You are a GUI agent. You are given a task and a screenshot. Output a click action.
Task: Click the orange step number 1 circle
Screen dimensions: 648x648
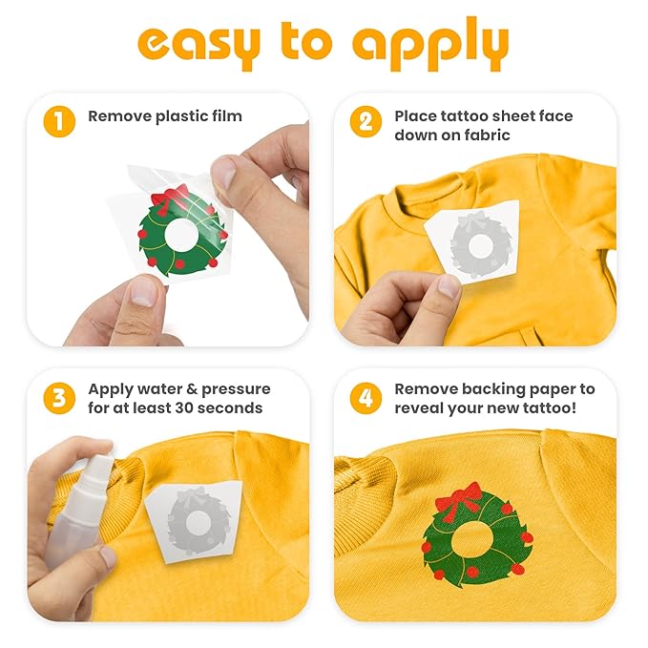tap(59, 122)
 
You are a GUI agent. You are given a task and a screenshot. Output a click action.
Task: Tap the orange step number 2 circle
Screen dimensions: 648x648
tap(366, 122)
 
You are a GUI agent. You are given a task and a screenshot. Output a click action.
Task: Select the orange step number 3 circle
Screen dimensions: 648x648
tap(59, 398)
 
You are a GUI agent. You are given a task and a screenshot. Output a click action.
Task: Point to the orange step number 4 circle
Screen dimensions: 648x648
tap(366, 398)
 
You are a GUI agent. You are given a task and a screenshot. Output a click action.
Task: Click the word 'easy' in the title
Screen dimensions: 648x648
tap(199, 46)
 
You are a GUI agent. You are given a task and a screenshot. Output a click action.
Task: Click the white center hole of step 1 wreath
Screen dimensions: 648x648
tap(182, 235)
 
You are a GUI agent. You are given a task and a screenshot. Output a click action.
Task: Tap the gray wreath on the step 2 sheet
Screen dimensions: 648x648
tap(481, 243)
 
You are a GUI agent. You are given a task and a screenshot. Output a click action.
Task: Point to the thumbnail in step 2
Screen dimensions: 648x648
tap(448, 284)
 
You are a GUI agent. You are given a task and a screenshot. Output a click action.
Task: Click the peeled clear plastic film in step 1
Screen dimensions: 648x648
tap(174, 182)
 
